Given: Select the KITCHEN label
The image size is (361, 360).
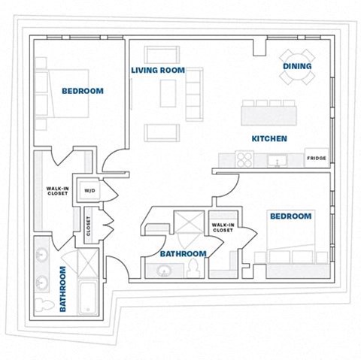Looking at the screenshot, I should [269, 139].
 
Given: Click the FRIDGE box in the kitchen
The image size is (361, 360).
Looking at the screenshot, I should [316, 159].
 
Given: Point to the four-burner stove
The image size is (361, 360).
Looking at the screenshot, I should [245, 159].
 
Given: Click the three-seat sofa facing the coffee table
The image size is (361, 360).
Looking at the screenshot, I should [194, 92].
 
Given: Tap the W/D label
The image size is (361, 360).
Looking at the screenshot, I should [89, 190].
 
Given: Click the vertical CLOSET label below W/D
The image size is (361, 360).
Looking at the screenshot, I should [88, 227].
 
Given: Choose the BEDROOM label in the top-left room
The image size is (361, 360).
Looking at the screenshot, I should [82, 91].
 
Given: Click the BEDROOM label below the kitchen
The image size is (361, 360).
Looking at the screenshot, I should [290, 216].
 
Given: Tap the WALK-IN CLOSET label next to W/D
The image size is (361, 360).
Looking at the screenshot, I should [57, 191].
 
